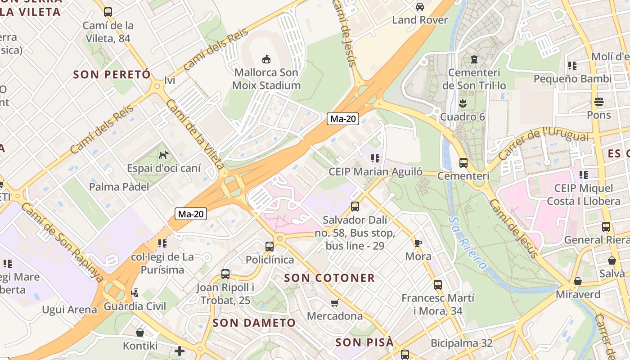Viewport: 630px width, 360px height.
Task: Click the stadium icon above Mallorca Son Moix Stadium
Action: click(x=266, y=59)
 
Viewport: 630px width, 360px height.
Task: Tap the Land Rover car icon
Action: click(x=420, y=7)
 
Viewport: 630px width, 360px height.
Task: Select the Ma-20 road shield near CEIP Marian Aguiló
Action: click(x=343, y=119)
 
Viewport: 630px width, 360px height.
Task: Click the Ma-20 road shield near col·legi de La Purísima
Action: click(x=191, y=214)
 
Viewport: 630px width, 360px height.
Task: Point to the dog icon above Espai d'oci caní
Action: click(x=163, y=155)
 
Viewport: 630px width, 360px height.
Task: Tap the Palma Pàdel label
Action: click(x=119, y=187)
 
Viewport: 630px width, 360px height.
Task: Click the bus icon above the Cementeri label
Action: click(x=463, y=163)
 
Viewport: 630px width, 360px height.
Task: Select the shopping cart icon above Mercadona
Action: click(x=334, y=303)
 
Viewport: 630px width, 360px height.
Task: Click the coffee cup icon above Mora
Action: click(x=418, y=243)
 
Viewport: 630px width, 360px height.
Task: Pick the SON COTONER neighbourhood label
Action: click(x=329, y=278)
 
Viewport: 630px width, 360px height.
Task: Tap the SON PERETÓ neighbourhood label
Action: click(x=112, y=75)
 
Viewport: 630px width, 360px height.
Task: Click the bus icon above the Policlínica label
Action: click(x=270, y=247)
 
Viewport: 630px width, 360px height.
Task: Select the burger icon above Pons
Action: click(x=598, y=102)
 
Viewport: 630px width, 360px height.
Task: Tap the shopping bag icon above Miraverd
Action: click(x=578, y=282)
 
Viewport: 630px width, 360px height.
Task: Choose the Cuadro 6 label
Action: click(x=463, y=117)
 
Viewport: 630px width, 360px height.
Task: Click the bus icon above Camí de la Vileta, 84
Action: click(x=108, y=12)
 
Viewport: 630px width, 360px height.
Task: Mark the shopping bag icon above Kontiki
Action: click(x=140, y=333)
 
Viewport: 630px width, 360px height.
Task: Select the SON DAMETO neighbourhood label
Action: click(x=254, y=323)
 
